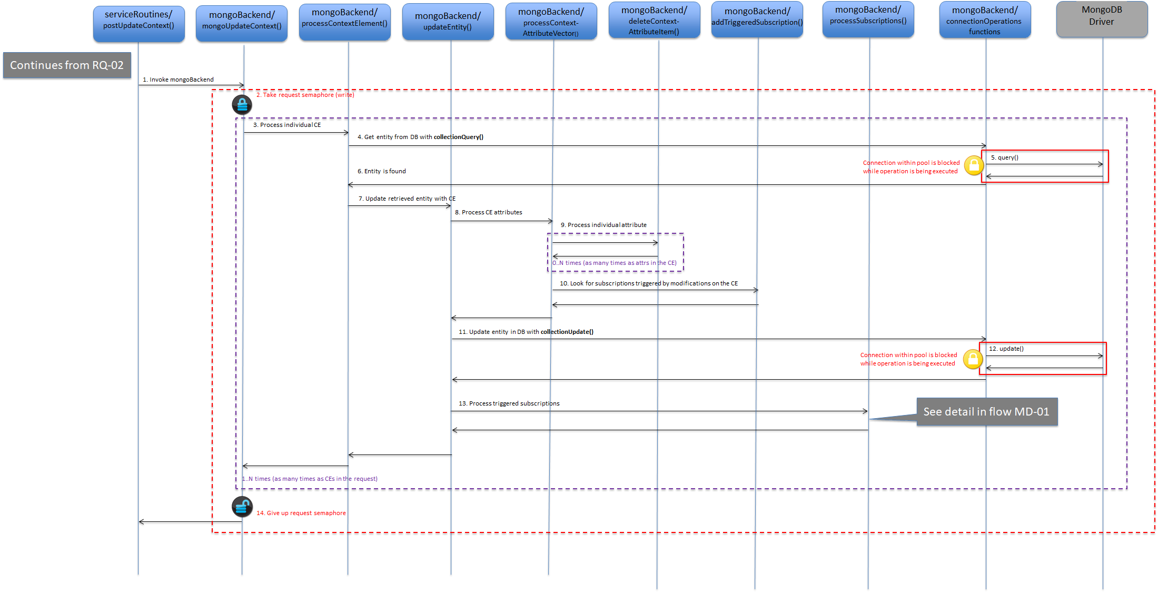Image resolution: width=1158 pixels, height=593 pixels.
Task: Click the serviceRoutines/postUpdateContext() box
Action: (x=139, y=24)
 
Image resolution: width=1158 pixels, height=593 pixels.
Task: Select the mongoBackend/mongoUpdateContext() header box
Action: (x=242, y=24)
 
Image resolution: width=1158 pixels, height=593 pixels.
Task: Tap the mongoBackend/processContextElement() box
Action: (x=345, y=22)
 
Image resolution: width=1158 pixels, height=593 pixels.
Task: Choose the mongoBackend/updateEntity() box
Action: (x=448, y=22)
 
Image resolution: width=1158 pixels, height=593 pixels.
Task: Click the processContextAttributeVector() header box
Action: (x=551, y=21)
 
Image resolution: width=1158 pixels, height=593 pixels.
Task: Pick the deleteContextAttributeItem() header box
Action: (x=655, y=19)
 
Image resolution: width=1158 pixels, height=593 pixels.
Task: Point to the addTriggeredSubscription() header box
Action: (x=757, y=19)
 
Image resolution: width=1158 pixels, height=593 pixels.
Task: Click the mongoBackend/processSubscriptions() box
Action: (x=868, y=19)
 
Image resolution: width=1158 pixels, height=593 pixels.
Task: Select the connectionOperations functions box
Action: (x=985, y=19)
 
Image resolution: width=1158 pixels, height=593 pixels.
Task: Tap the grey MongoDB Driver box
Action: (x=1102, y=19)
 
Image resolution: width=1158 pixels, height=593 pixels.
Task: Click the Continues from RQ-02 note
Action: (x=67, y=65)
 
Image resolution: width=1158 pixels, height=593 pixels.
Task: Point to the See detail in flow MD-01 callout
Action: (x=987, y=412)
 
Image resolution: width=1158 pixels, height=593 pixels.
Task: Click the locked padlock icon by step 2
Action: (x=242, y=105)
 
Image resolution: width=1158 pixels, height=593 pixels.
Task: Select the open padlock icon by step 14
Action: (x=242, y=507)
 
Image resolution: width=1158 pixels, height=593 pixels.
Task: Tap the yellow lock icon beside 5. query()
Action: (x=974, y=165)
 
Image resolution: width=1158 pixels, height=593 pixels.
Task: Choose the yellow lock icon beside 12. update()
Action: (x=973, y=359)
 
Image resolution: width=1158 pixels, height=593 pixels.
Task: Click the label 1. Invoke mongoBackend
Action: (x=178, y=80)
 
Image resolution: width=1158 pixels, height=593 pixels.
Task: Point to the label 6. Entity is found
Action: (x=382, y=171)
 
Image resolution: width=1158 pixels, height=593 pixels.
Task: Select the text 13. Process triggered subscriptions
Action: (x=509, y=403)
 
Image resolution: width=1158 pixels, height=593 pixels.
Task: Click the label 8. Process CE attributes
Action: (x=489, y=212)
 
